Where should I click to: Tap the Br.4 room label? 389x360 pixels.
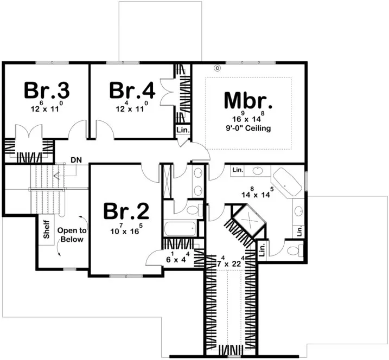pyautogui.click(x=132, y=91)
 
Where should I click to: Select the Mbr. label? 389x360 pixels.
pyautogui.click(x=248, y=101)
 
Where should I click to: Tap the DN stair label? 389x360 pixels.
pyautogui.click(x=76, y=161)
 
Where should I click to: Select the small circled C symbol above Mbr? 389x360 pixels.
pyautogui.click(x=216, y=68)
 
